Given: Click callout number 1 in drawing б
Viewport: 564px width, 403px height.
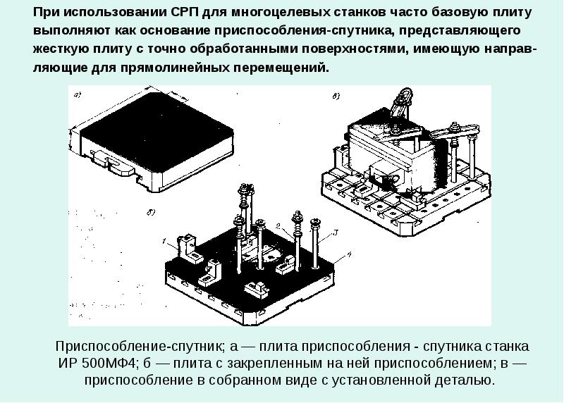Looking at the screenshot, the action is pos(164,243).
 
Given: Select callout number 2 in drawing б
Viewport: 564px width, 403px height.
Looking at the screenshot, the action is pos(278,226).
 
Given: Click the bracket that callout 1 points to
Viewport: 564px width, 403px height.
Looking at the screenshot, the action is pos(188,246).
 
